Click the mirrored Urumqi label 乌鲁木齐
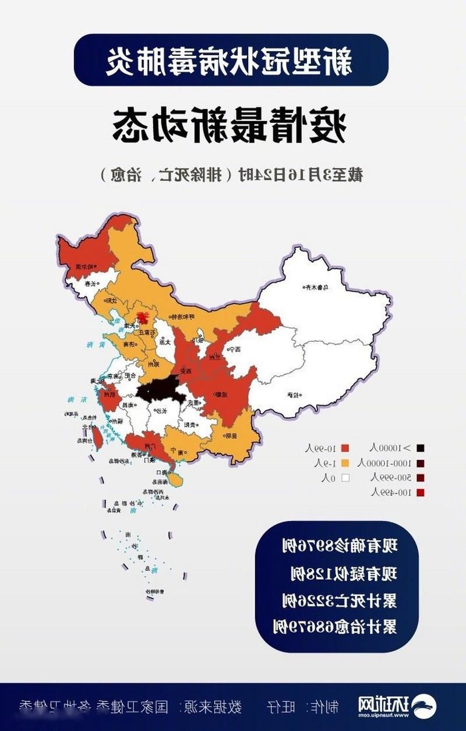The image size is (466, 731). [x=319, y=286]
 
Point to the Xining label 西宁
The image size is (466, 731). [x=243, y=350]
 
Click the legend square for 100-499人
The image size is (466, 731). [x=421, y=492]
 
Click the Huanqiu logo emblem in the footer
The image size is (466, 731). [x=427, y=707]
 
